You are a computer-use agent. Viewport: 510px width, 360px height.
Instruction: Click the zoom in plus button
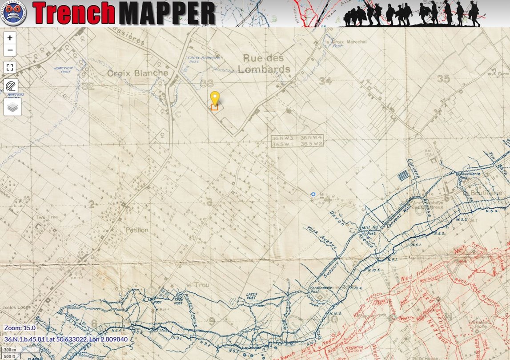pos(10,38)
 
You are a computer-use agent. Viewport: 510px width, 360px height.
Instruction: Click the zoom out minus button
pos(10,50)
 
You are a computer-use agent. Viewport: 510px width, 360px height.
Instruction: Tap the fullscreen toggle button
pos(10,68)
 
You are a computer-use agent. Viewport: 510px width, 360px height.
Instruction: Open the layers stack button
pos(12,107)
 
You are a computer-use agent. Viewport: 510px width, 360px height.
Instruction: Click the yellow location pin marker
pos(215,99)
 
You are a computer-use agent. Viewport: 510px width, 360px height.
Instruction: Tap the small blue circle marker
pos(313,194)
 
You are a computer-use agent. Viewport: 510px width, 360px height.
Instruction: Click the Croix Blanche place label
pos(138,73)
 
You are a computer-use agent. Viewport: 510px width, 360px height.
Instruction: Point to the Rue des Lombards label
pos(264,64)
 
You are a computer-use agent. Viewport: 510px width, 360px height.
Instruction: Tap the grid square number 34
pos(325,81)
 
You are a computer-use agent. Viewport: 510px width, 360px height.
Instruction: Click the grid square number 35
pos(443,79)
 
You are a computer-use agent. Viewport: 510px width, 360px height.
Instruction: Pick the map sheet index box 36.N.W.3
pos(284,138)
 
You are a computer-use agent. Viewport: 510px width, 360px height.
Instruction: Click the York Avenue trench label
pos(322,237)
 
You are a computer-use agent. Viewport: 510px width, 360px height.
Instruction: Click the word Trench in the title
pos(73,13)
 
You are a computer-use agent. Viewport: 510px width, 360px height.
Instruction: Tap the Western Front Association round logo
pos(14,13)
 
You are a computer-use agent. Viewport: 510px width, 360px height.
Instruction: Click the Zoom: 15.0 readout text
pos(20,328)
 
